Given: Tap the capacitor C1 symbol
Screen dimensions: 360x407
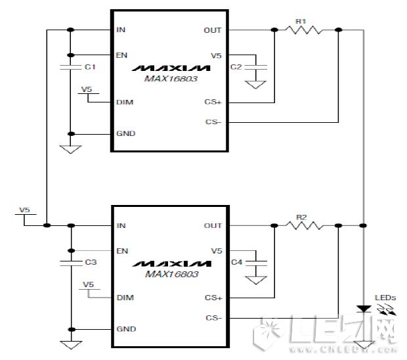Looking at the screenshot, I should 70,67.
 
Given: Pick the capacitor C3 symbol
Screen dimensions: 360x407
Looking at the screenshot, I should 70,262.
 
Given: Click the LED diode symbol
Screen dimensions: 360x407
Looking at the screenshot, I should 362,308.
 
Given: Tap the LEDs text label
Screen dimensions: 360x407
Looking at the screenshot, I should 385,298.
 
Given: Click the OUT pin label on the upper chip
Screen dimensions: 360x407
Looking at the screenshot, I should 213,30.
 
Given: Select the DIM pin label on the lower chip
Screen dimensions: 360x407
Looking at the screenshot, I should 124,298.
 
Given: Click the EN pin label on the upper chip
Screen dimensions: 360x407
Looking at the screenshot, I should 121,55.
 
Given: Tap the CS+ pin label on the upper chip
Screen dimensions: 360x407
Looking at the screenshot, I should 214,102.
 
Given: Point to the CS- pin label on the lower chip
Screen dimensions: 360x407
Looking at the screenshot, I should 214,318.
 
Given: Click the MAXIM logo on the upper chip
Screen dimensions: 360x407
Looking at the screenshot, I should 170,68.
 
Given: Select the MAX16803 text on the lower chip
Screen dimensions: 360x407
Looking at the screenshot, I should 170,274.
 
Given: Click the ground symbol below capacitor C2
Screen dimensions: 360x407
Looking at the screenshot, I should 257,85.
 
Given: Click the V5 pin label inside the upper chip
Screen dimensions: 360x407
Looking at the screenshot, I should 217,55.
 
